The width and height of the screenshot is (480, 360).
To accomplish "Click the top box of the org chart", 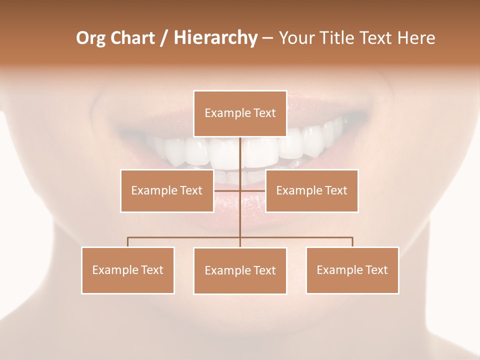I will [x=240, y=113].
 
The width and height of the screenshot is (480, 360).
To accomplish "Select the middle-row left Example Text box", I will [x=166, y=190].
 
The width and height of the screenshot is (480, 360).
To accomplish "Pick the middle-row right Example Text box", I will [x=311, y=190].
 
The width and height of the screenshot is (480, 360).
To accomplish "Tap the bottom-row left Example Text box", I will [x=127, y=270].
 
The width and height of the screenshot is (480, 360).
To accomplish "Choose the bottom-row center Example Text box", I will [x=240, y=270].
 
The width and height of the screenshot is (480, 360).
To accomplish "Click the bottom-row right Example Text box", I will [x=352, y=270].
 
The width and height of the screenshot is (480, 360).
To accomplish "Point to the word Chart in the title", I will [x=132, y=38].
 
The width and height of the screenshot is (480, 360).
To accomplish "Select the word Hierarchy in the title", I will [x=215, y=38].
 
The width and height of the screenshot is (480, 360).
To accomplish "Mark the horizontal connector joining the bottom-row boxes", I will [x=185, y=237].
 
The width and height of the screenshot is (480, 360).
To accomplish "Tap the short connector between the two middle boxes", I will [x=240, y=190].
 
